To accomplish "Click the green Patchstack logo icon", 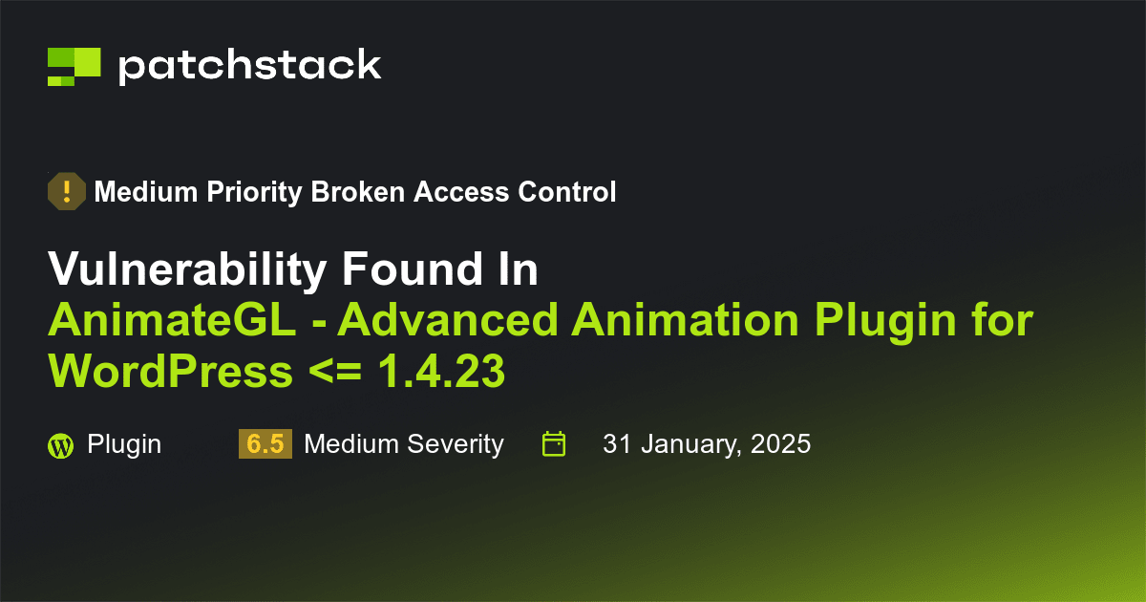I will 74,66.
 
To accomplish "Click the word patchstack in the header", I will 249,65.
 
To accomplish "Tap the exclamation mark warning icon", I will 67,192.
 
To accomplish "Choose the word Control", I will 566,192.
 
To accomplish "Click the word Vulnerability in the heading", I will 187,271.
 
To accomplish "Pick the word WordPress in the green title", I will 170,372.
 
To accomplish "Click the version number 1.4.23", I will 441,372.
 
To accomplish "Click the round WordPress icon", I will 60,445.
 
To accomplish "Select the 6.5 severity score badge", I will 265,444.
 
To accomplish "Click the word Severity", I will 455,444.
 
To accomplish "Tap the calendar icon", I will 554,444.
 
